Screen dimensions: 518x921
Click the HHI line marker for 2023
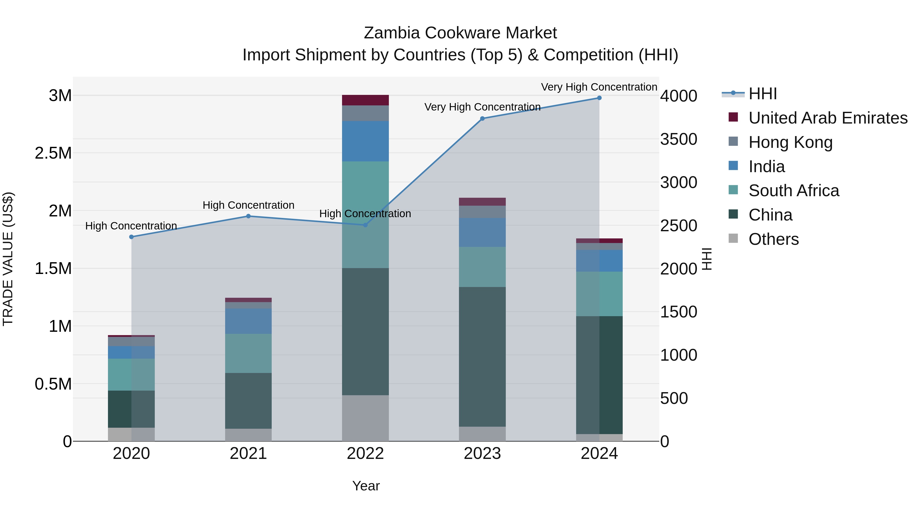(x=482, y=118)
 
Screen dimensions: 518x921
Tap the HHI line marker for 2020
(x=131, y=237)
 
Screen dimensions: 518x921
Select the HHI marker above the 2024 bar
(x=599, y=98)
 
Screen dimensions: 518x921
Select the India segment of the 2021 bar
(x=248, y=321)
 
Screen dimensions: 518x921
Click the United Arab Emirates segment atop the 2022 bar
(x=365, y=100)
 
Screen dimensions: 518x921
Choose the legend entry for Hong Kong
(x=790, y=142)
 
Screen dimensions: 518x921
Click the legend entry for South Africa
(x=793, y=191)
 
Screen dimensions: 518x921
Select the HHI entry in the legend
(x=762, y=94)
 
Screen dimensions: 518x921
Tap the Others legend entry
(x=773, y=239)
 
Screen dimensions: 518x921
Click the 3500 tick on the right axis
(x=678, y=139)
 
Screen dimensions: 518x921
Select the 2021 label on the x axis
(x=248, y=454)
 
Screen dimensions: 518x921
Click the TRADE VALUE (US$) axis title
(x=8, y=259)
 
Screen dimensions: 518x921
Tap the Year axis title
(x=366, y=486)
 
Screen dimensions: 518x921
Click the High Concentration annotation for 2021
(x=248, y=205)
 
